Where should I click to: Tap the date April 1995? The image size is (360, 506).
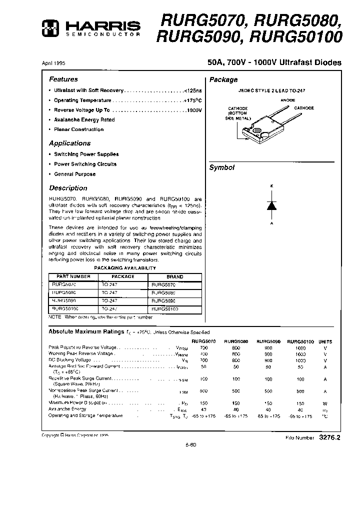53,63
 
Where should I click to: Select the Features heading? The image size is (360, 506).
63,79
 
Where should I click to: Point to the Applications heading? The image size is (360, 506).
69,143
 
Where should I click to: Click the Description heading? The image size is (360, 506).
68,188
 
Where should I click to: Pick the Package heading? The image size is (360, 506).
223,79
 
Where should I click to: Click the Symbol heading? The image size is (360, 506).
221,168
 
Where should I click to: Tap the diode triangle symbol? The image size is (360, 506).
271,204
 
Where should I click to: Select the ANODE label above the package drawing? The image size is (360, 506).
287,100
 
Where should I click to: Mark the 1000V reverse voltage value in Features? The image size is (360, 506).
193,110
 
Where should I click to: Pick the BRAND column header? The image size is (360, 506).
175,276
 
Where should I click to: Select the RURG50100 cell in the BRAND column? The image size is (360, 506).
165,309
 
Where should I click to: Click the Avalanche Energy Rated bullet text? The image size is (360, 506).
84,120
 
